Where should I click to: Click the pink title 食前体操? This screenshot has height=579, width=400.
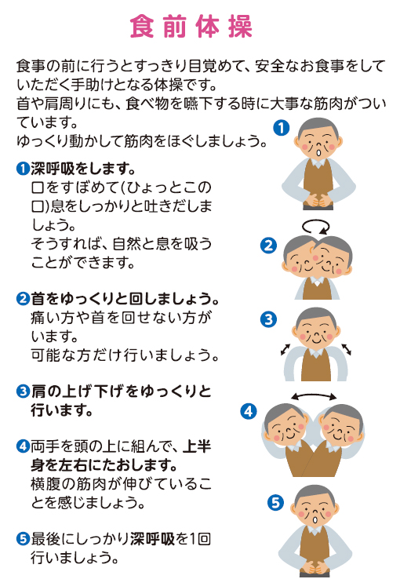191,26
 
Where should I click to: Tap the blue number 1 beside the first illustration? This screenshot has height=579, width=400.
282,128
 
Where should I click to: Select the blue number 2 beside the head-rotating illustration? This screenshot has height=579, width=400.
268,246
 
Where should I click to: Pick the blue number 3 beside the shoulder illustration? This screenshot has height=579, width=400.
268,319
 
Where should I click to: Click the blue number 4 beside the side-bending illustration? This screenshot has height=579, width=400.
249,411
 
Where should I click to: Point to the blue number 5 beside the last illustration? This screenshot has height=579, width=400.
275,503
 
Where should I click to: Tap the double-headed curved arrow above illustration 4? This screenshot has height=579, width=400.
314,395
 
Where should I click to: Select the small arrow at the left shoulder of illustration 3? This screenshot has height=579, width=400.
285,349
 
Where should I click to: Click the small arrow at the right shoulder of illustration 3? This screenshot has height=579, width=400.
346,349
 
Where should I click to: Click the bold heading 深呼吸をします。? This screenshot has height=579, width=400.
83,169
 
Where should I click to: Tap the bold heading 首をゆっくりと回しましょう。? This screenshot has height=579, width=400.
125,298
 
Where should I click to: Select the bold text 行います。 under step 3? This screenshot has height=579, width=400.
61,410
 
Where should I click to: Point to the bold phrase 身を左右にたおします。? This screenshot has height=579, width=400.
104,465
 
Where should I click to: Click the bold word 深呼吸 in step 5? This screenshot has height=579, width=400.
152,539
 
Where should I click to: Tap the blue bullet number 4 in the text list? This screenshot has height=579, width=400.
23,446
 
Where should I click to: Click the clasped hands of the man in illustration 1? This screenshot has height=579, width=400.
318,200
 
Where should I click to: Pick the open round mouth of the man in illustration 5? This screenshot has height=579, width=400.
315,519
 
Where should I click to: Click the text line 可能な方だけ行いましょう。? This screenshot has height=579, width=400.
125,355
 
